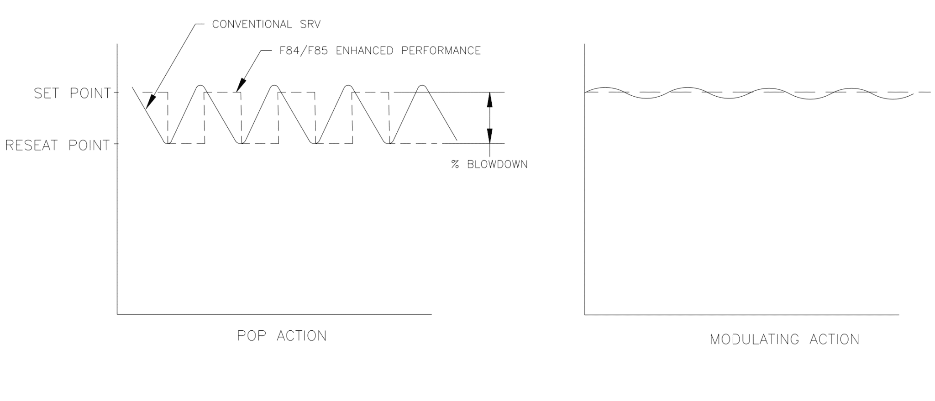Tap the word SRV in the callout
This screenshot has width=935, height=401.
click(310, 25)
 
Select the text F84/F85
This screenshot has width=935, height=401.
click(303, 51)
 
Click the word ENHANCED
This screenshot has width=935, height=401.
click(364, 51)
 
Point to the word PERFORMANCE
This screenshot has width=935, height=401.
click(441, 51)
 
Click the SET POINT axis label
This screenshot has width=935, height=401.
click(72, 94)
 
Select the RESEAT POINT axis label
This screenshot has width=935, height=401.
click(58, 146)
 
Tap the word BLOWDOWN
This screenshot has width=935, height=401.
click(497, 165)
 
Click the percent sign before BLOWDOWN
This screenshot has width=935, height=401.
click(455, 165)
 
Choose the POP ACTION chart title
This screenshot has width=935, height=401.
click(282, 336)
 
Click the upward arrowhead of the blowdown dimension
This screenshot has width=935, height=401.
click(490, 98)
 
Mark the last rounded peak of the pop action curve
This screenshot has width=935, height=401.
click(422, 86)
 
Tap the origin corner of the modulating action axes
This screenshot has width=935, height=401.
click(585, 315)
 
